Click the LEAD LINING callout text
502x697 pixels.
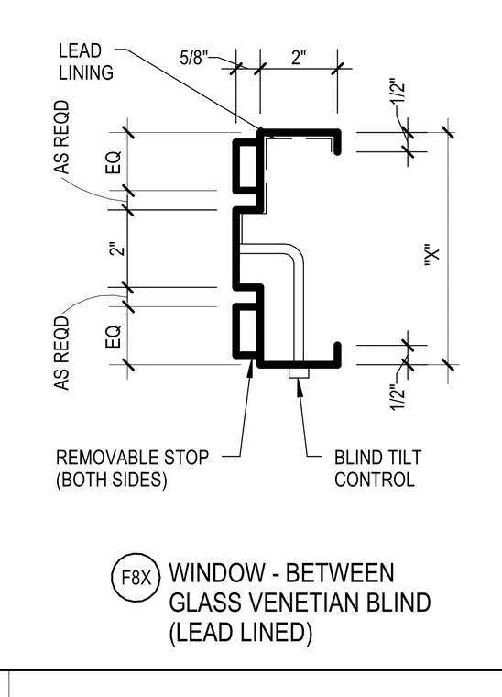[x=86, y=61]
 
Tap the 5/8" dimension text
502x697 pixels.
[x=194, y=58]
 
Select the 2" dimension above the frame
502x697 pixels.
[x=299, y=58]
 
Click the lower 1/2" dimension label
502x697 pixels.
[x=398, y=398]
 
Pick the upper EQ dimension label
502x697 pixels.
[x=114, y=162]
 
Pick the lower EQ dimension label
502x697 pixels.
[x=114, y=337]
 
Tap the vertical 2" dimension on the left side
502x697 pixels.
[x=115, y=249]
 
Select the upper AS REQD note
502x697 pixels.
[x=62, y=137]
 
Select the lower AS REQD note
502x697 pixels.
[x=62, y=353]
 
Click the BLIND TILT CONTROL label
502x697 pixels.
[x=377, y=469]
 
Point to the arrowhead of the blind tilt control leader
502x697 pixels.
[x=300, y=381]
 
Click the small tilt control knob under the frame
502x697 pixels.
[x=300, y=374]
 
